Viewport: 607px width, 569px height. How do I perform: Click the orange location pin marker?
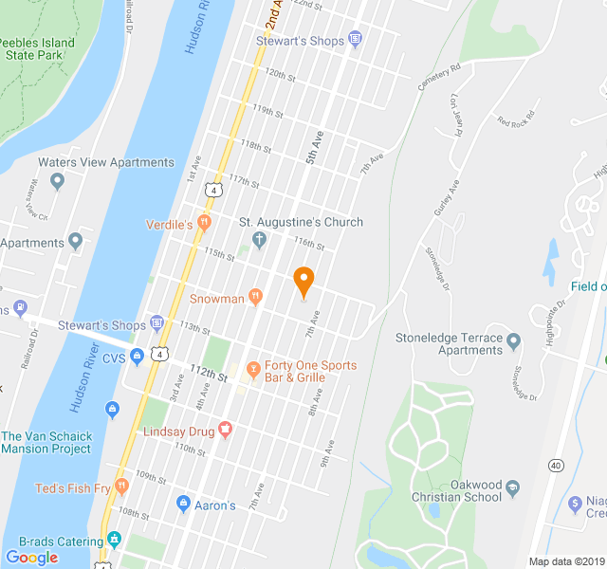pos(303,282)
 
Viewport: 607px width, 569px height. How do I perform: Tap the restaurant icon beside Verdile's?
pos(205,224)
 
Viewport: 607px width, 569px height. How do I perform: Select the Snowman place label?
pos(217,298)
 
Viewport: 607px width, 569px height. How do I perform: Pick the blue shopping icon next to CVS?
pos(137,357)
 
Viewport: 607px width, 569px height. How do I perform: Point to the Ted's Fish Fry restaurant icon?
pos(121,486)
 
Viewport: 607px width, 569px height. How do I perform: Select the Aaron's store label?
pos(215,505)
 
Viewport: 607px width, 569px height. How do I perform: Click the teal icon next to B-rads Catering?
pos(115,539)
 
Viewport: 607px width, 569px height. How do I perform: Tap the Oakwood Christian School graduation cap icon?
pos(513,487)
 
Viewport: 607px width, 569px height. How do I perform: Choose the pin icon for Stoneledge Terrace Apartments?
pos(513,340)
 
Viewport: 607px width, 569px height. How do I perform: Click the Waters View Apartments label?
pos(106,162)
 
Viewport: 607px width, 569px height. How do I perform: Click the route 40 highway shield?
pos(556,465)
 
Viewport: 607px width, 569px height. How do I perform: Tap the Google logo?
pos(31,558)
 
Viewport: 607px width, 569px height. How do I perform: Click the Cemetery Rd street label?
pos(438,78)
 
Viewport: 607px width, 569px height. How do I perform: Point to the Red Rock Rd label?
pos(516,120)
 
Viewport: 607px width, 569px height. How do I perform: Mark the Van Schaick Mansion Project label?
pos(47,443)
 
